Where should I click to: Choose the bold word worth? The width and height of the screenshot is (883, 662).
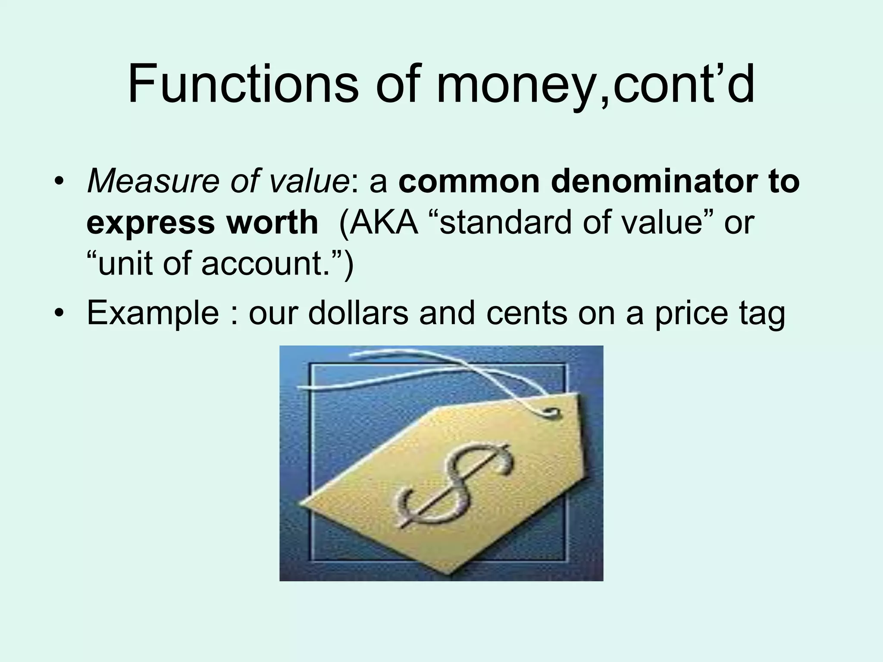[272, 222]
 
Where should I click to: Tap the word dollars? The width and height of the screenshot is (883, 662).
[358, 312]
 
